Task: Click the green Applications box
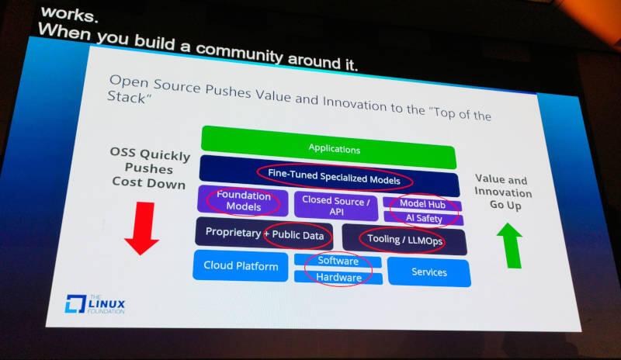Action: pos(328,147)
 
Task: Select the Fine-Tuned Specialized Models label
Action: pos(334,177)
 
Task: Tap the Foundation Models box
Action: pos(243,201)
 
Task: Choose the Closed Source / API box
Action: pos(336,205)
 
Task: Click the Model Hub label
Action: pos(422,203)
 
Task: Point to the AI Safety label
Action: pos(424,218)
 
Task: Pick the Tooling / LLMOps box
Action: pos(404,239)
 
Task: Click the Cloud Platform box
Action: pos(241,265)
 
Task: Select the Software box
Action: pos(338,261)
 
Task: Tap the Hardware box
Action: pos(338,277)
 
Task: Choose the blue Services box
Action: pos(429,272)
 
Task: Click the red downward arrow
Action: pos(142,228)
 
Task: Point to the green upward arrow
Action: pos(510,245)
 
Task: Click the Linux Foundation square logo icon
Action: pos(75,304)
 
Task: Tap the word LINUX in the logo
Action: pos(106,304)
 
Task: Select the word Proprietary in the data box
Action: pos(234,232)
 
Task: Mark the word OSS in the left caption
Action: pos(123,152)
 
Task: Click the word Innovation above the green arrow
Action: pos(503,192)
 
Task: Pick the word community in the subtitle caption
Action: pos(239,52)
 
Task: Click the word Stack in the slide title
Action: pos(127,97)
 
